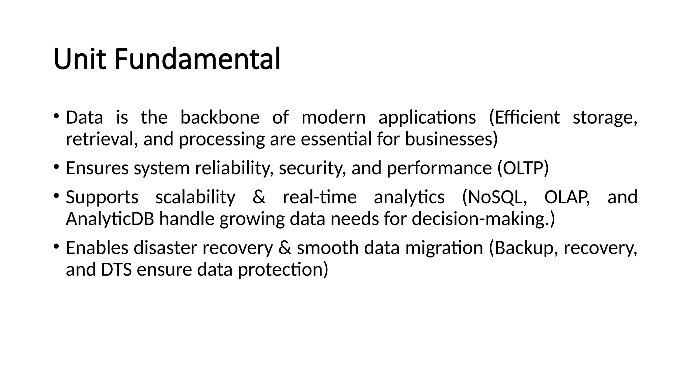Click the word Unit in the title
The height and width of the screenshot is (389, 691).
click(79, 59)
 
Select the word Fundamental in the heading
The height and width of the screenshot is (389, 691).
click(197, 59)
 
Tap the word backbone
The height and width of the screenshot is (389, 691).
click(220, 117)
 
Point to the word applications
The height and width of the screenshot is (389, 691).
click(427, 118)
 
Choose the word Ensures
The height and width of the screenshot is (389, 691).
click(97, 168)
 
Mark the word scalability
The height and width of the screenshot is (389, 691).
click(195, 197)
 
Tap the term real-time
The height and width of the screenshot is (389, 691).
click(320, 197)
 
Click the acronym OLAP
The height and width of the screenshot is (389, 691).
click(567, 197)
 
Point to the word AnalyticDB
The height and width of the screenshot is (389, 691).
click(110, 219)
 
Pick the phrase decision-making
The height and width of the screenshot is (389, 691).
click(480, 219)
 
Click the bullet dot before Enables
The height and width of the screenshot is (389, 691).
click(56, 246)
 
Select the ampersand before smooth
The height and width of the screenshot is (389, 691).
click(285, 248)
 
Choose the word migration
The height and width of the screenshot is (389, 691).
click(444, 248)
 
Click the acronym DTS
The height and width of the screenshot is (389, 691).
click(116, 269)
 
